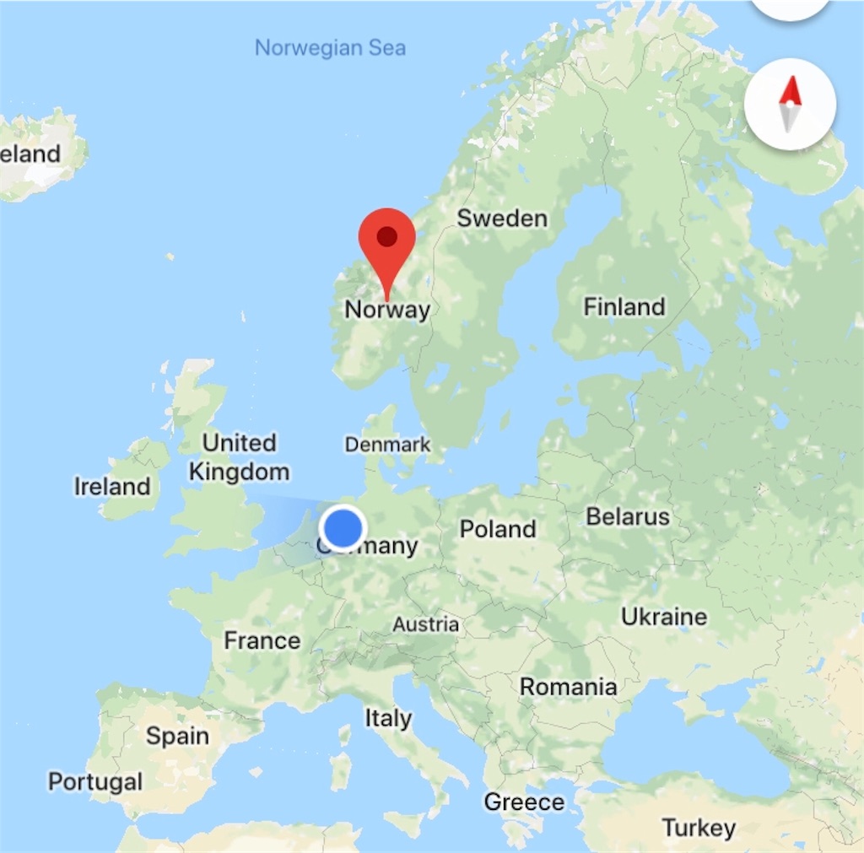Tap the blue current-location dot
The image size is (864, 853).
[x=343, y=528]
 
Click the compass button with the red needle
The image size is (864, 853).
[x=790, y=105]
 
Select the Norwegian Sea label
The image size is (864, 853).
[x=330, y=47]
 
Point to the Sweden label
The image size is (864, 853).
[x=502, y=219]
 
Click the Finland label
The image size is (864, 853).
[x=624, y=306]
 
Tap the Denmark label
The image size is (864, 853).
[x=388, y=445]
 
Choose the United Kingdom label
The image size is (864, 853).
[x=240, y=456]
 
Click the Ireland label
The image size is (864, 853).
[x=112, y=487]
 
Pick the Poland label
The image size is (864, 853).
[x=498, y=529]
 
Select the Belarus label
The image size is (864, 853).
[x=628, y=516]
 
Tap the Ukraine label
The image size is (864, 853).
[x=664, y=617]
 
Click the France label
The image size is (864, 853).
[x=262, y=640]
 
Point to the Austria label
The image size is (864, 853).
[x=426, y=624]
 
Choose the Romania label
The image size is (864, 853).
[x=568, y=687]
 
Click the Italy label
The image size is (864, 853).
[x=388, y=718]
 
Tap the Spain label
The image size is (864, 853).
[x=177, y=736]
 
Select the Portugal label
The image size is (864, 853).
[x=95, y=781]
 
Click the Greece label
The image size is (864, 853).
[x=524, y=802]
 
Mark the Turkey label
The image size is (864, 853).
[x=699, y=828]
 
